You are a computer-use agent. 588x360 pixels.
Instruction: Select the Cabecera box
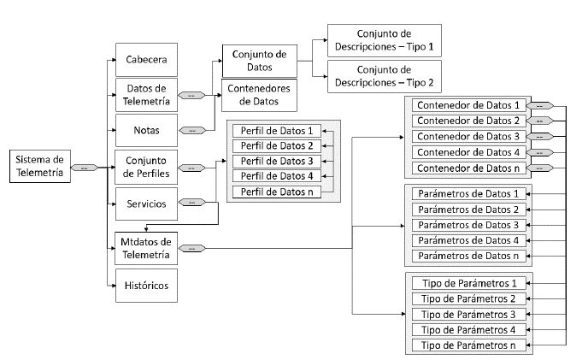click(146, 60)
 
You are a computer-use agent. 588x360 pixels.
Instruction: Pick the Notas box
click(146, 131)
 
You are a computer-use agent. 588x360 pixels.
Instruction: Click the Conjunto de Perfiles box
click(146, 167)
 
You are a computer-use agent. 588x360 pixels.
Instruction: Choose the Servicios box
click(146, 204)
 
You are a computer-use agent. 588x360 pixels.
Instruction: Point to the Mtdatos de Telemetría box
click(146, 248)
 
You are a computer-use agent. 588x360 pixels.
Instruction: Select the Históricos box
click(146, 285)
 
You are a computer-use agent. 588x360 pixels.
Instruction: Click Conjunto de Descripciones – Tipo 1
click(385, 40)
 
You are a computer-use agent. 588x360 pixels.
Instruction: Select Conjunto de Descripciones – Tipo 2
click(385, 77)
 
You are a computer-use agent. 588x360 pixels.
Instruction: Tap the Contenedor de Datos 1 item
click(467, 105)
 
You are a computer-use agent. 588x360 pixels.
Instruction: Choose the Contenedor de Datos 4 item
click(467, 152)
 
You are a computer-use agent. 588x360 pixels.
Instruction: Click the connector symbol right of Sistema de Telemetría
click(84, 168)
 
